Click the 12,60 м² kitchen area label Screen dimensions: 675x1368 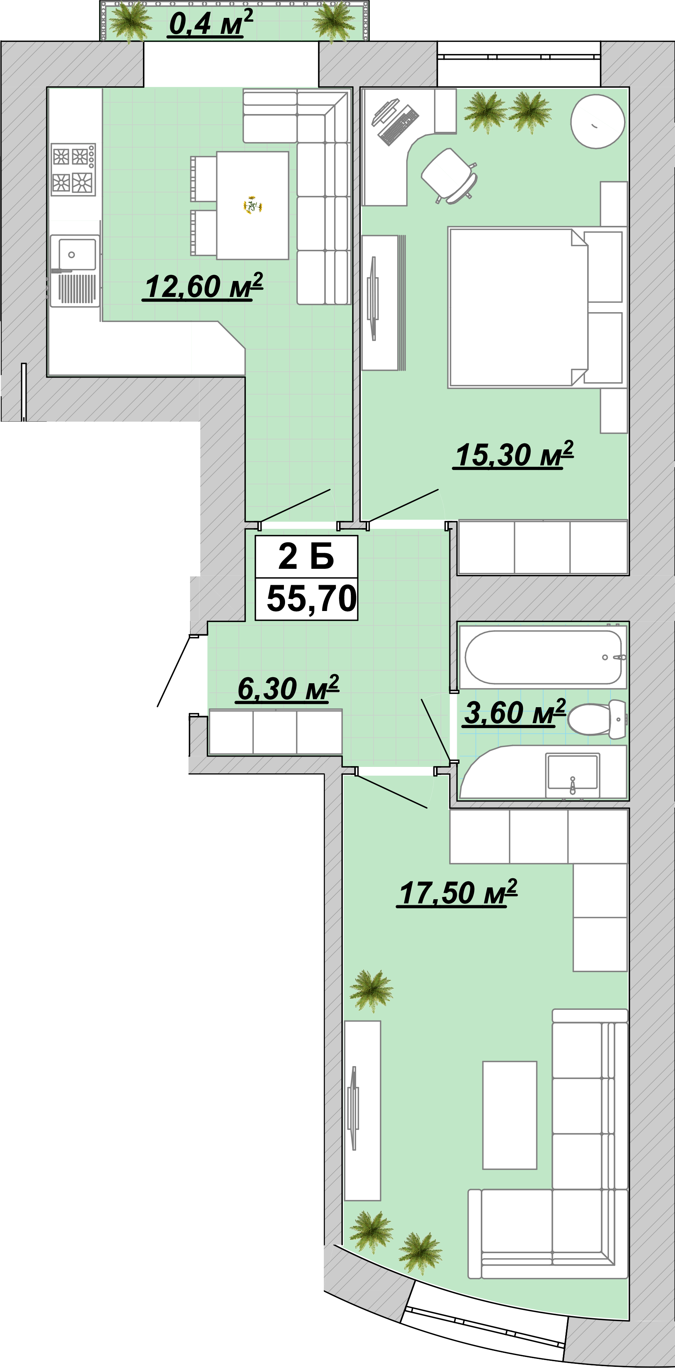(x=203, y=287)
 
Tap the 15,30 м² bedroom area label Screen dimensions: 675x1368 (x=514, y=455)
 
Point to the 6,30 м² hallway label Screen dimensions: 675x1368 (x=288, y=688)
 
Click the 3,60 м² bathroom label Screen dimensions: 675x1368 (x=514, y=712)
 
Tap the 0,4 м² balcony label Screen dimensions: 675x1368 (x=211, y=23)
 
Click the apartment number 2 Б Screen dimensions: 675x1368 (x=306, y=557)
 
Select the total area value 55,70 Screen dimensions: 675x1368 (x=312, y=598)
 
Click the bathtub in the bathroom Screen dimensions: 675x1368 (x=543, y=657)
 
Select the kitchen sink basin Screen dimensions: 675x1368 (x=78, y=254)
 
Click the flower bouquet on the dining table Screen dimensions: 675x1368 (x=253, y=205)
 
